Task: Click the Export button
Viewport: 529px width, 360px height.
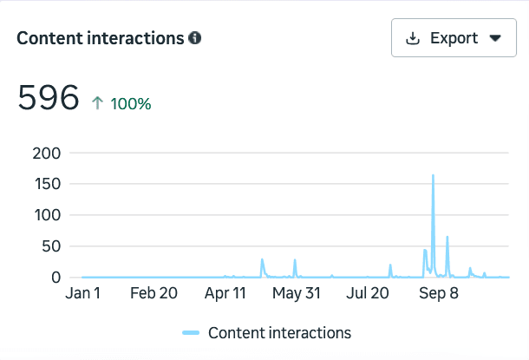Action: click(454, 38)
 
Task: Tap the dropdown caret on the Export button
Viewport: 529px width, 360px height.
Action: click(495, 38)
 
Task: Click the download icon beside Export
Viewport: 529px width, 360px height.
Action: click(414, 38)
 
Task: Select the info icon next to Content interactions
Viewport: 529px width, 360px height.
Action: click(195, 38)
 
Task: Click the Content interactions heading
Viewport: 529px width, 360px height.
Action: click(101, 38)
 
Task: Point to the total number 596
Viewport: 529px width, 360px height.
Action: click(49, 98)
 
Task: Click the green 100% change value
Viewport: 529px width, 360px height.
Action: click(130, 104)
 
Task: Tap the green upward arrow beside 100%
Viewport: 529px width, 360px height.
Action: click(98, 103)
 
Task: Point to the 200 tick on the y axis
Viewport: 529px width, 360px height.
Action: click(46, 153)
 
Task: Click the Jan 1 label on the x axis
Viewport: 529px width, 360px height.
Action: click(83, 293)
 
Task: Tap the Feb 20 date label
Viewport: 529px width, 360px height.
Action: click(153, 293)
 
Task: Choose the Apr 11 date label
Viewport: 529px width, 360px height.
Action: click(225, 293)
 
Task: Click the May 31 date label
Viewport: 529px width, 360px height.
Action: click(297, 293)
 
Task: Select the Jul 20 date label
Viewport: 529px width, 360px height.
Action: click(368, 293)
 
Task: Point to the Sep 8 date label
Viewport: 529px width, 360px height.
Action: click(439, 293)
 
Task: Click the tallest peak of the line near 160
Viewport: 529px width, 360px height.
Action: click(433, 176)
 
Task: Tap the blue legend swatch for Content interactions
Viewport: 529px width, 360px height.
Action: click(192, 332)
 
